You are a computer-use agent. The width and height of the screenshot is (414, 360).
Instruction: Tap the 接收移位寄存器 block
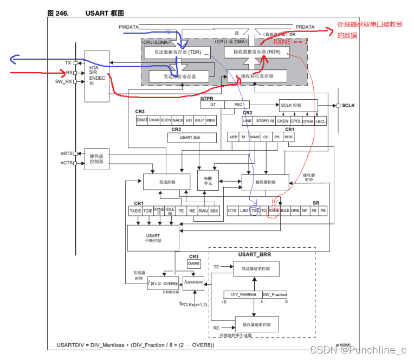[257, 76]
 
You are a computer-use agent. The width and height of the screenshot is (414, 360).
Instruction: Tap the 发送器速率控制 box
[256, 268]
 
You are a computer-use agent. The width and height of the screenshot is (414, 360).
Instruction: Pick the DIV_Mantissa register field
[243, 294]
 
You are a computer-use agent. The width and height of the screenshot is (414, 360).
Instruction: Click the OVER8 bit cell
[193, 263]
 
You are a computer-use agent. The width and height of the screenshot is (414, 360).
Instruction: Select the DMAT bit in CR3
[142, 120]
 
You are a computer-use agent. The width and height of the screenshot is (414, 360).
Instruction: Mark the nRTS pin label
[66, 153]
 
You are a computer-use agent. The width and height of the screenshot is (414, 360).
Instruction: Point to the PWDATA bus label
[129, 26]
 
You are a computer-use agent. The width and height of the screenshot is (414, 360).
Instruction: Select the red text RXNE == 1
[290, 41]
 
